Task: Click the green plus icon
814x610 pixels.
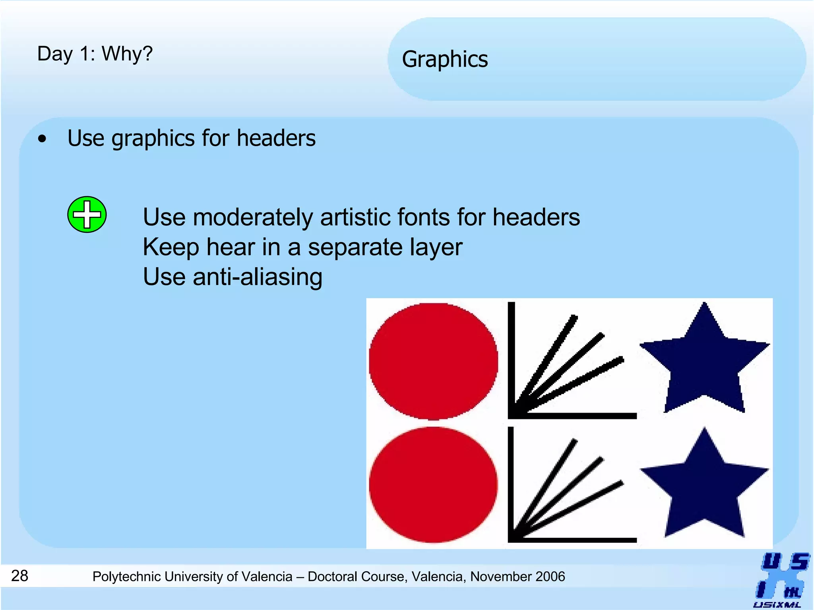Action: [87, 214]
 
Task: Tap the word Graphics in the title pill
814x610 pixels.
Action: [445, 60]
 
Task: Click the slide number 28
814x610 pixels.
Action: [19, 575]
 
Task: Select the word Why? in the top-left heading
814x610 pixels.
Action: [127, 54]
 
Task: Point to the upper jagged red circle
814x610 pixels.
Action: [433, 361]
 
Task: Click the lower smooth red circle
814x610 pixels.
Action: [433, 485]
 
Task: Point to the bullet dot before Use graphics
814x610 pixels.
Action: [42, 139]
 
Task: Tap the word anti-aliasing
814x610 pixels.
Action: [258, 277]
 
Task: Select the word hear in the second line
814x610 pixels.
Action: [231, 247]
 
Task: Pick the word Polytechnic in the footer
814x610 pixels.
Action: [128, 577]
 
